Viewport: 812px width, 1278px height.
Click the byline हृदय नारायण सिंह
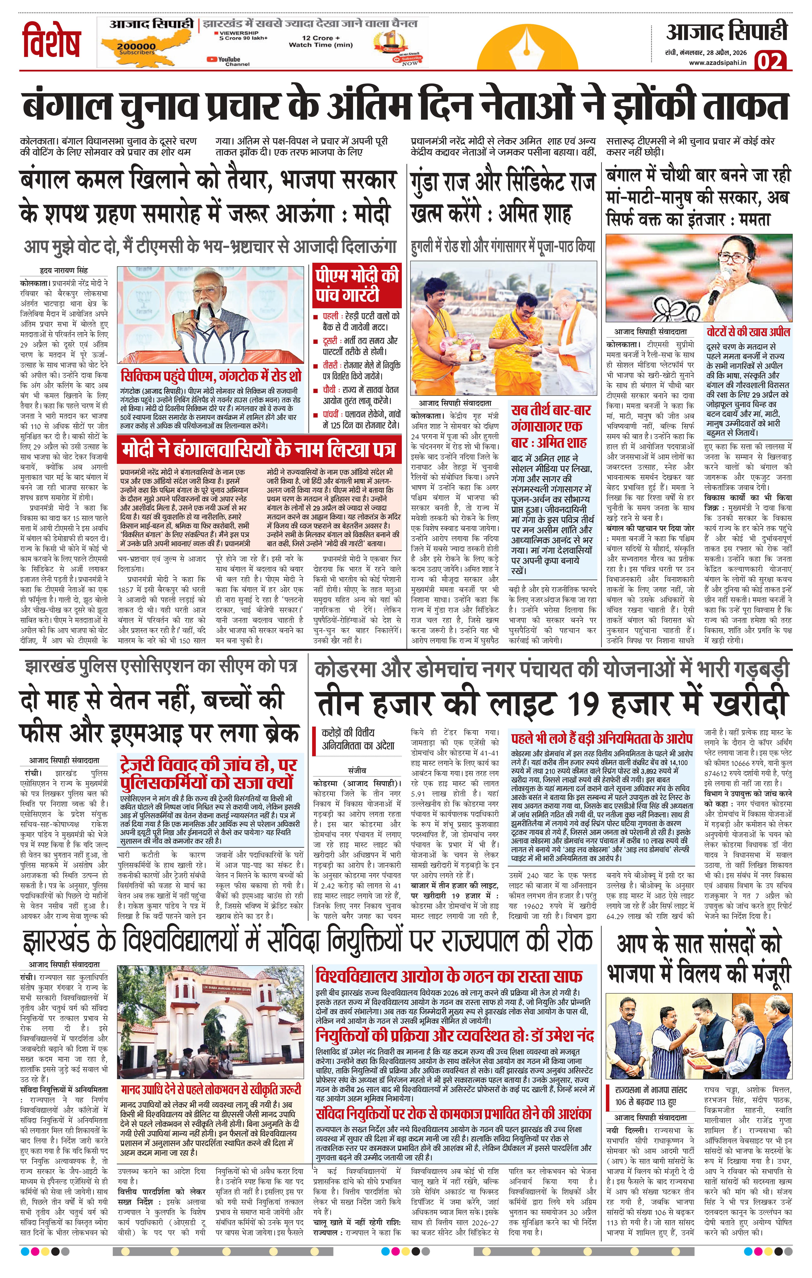point(64,270)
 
